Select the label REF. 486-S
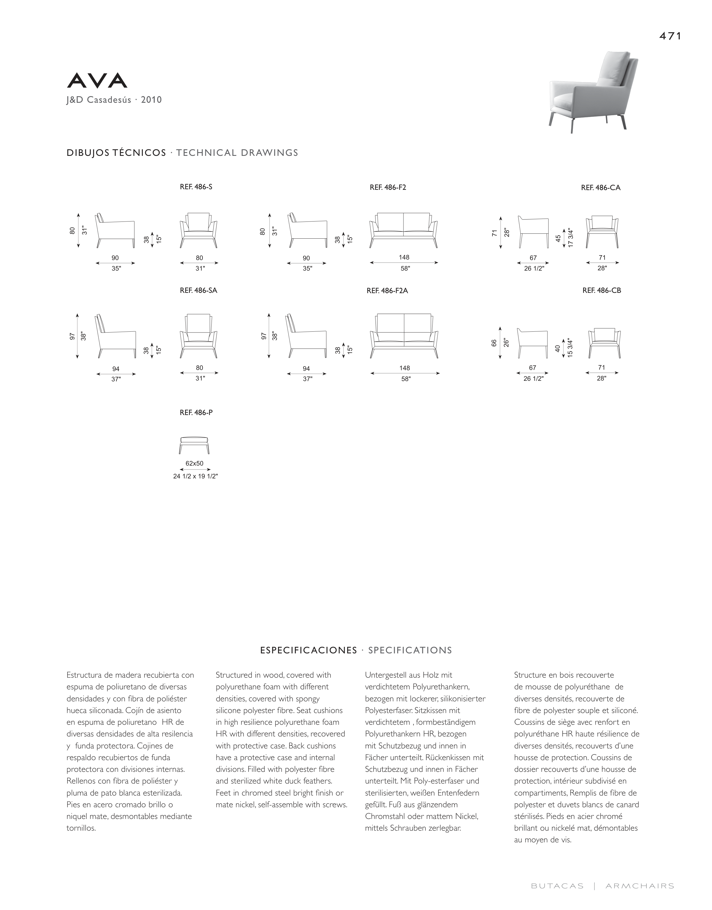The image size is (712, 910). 196,187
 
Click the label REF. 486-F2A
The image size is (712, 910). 387,291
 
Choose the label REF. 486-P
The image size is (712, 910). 196,413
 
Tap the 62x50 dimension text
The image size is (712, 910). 195,464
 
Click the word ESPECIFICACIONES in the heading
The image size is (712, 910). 309,651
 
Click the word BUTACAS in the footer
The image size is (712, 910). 557,895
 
